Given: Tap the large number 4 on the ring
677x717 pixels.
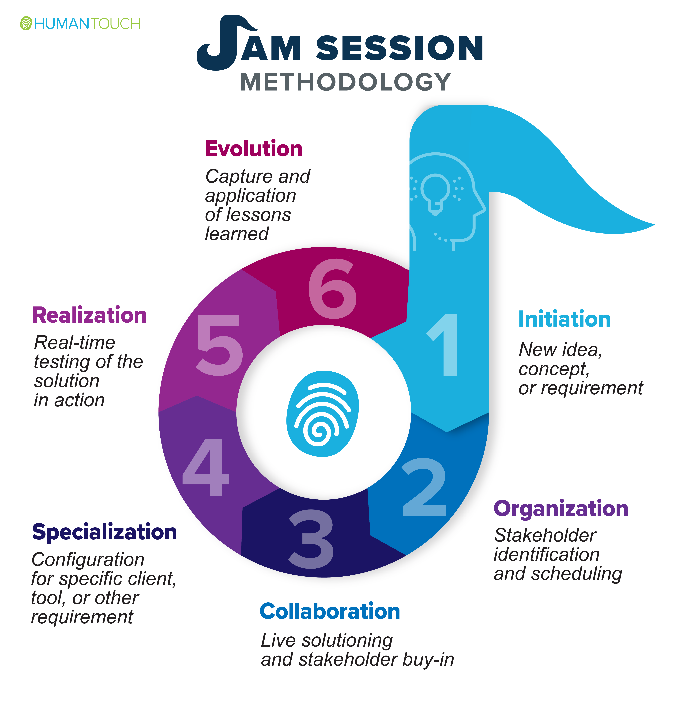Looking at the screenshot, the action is pyautogui.click(x=206, y=467).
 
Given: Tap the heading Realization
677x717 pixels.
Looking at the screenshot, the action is pyautogui.click(x=90, y=315).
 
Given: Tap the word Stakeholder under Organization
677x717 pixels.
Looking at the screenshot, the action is pyautogui.click(x=545, y=535).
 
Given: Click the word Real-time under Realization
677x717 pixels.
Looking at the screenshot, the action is pyautogui.click(x=75, y=342).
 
